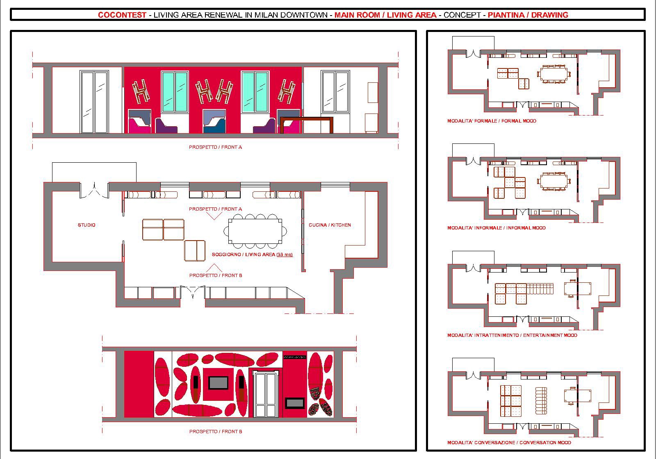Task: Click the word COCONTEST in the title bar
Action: click(122, 15)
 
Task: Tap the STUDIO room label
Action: click(87, 225)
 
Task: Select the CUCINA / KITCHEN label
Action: click(330, 225)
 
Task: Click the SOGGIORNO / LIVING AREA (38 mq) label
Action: click(252, 254)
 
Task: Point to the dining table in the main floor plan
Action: click(255, 231)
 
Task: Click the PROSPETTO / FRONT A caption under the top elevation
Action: click(215, 147)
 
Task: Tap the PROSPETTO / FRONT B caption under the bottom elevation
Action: click(216, 431)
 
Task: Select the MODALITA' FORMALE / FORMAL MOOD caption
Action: click(492, 120)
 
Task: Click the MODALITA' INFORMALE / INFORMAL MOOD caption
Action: click(497, 228)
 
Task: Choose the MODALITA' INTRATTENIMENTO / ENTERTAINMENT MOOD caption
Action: click(512, 335)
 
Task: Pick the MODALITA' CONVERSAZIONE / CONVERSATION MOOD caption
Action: click(509, 442)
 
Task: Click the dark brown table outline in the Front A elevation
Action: click(307, 118)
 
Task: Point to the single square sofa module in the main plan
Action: click(195, 250)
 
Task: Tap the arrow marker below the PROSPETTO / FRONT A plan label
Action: click(214, 216)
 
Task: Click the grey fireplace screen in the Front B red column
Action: click(295, 403)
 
